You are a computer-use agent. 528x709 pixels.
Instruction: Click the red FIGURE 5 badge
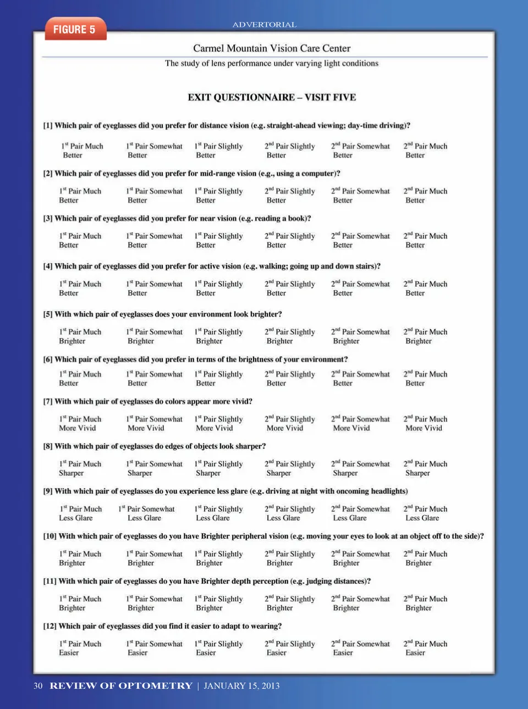(x=74, y=30)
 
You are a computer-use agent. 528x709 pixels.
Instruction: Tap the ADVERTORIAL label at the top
(x=264, y=25)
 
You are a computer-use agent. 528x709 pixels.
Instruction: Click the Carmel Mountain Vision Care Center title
(x=272, y=48)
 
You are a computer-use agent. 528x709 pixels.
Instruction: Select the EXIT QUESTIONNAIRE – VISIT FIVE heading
(x=272, y=97)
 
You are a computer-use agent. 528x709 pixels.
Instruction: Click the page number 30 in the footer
(x=38, y=685)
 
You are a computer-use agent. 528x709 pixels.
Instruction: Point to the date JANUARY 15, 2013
(x=241, y=685)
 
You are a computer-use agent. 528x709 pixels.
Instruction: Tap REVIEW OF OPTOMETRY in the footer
(x=121, y=685)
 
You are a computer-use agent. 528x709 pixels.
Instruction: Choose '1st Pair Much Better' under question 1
(x=82, y=151)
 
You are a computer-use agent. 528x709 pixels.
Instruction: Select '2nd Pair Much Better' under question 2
(x=425, y=196)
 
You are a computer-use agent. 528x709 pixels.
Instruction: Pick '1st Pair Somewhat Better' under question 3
(x=154, y=241)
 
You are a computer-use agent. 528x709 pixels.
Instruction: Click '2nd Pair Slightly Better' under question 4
(x=289, y=289)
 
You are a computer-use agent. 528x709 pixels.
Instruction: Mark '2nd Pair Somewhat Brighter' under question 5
(x=360, y=336)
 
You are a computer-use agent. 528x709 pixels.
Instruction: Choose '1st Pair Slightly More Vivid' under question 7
(x=218, y=424)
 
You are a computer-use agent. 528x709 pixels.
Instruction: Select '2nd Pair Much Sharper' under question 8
(x=425, y=468)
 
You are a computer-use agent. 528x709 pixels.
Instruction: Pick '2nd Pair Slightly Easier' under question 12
(x=289, y=648)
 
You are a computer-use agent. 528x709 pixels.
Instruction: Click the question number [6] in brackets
(x=48, y=359)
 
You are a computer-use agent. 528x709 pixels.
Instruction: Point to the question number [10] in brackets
(x=50, y=536)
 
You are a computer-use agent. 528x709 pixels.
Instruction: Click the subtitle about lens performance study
(x=272, y=63)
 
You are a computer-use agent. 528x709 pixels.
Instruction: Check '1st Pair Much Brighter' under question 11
(x=80, y=603)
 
